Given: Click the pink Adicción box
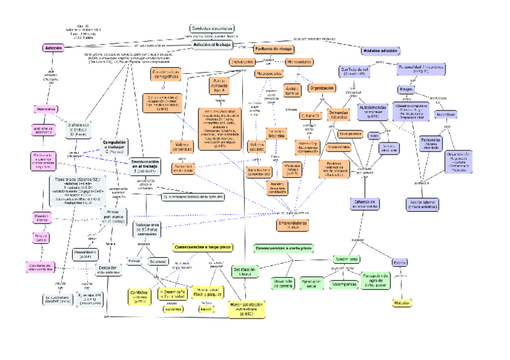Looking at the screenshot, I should [53, 47].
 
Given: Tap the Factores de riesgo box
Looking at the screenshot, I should [274, 48].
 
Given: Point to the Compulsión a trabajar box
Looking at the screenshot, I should [114, 146].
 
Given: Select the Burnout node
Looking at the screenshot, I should [158, 262].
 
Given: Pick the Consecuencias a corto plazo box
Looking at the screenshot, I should [284, 248].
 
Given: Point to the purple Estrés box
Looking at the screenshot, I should [400, 263].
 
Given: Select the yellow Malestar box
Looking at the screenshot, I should [402, 304].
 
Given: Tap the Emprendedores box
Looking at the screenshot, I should [292, 224].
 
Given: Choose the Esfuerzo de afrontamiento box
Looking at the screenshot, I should [365, 204].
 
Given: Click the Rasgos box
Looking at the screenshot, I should [405, 89].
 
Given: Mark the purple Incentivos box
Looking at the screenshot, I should [446, 114].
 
